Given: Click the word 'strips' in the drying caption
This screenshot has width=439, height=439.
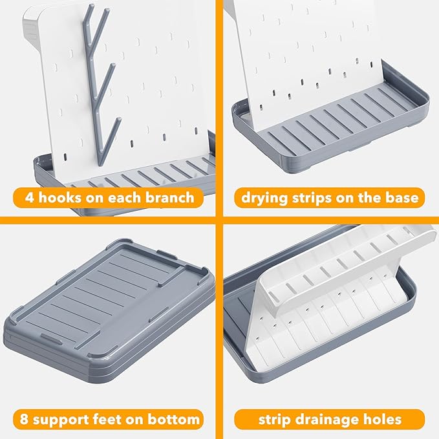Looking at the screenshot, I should (x=310, y=198).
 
